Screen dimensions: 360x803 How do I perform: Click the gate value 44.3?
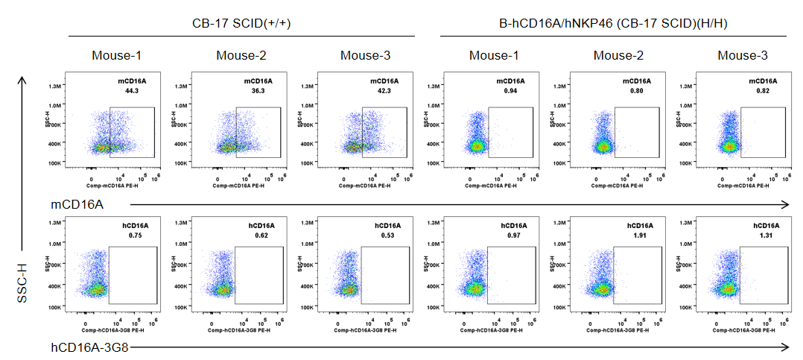click(x=133, y=90)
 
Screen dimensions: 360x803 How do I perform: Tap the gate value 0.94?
click(x=510, y=90)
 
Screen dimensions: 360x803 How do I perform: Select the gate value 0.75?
click(x=135, y=235)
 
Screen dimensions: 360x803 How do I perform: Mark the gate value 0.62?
click(x=261, y=235)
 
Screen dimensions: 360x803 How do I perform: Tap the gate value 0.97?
click(x=513, y=235)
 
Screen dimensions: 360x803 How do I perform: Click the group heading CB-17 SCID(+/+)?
click(x=241, y=24)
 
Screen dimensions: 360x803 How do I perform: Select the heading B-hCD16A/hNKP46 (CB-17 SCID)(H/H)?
click(x=613, y=24)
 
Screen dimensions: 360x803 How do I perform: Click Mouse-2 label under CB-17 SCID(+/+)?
click(x=241, y=55)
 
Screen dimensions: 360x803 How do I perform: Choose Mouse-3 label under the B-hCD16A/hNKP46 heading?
click(x=743, y=55)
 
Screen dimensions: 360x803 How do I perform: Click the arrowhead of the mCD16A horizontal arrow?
click(x=787, y=203)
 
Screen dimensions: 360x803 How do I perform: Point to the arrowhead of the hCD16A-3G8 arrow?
click(x=787, y=347)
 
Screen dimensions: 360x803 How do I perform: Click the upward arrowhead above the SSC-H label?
click(x=23, y=78)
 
